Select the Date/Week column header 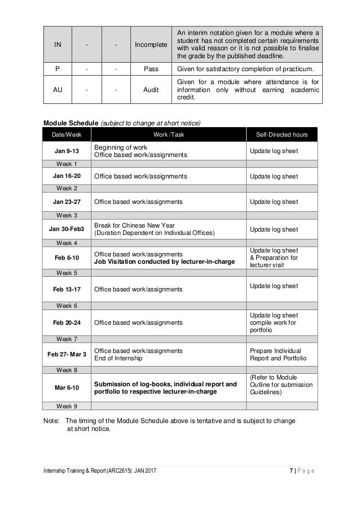[x=67, y=135]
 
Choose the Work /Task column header [x=169, y=135]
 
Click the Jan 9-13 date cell [x=67, y=151]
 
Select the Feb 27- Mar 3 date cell [x=67, y=354]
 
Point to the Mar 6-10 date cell [x=67, y=388]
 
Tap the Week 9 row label [x=67, y=406]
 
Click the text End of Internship [x=118, y=358]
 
